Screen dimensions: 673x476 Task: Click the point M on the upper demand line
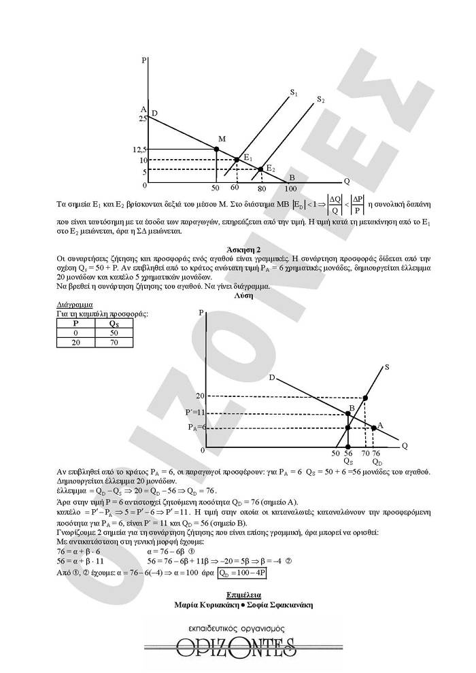[216, 148]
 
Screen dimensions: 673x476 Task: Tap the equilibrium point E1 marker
[237, 160]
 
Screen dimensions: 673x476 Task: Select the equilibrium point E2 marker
[260, 169]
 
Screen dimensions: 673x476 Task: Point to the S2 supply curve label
[320, 100]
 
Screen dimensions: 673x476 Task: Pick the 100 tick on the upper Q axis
[291, 188]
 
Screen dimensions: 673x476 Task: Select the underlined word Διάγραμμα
[73, 305]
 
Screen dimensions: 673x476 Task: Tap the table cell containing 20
[75, 343]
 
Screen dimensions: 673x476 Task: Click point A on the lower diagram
[375, 427]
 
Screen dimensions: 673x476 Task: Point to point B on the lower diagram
[348, 413]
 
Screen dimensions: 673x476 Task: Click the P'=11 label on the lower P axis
[194, 413]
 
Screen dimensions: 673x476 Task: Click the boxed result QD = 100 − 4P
[242, 574]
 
